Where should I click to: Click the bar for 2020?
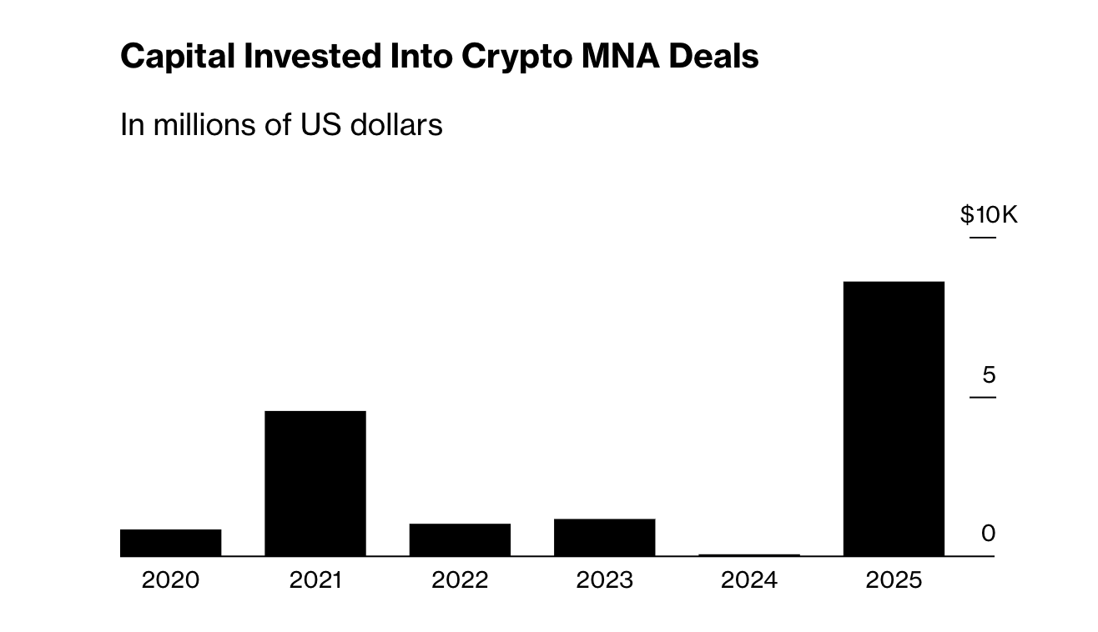coord(170,542)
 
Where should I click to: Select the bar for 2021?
coord(315,483)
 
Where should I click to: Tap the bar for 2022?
coord(460,539)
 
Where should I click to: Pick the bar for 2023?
coord(604,537)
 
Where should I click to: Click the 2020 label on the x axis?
coord(170,579)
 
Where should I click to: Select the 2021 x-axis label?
coord(315,579)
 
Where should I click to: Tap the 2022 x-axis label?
coord(460,579)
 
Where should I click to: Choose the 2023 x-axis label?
coord(604,579)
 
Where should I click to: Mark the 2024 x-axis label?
coord(749,579)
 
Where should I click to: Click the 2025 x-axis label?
coord(894,579)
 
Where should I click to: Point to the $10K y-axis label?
coord(989,215)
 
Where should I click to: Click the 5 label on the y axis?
coord(989,375)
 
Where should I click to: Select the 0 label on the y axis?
coord(988,534)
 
